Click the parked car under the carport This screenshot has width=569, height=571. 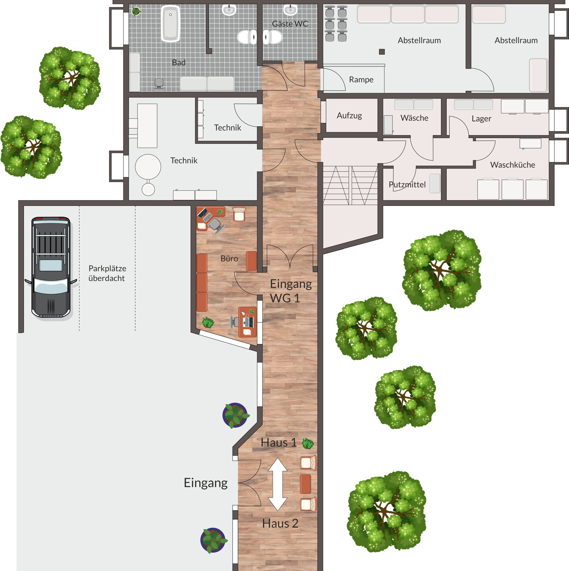tap(51, 267)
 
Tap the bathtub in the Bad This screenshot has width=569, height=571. tap(171, 24)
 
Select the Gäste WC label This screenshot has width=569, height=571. tap(290, 24)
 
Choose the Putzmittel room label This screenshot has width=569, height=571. tap(407, 185)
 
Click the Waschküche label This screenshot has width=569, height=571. tap(512, 165)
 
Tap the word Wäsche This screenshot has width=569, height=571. tap(414, 118)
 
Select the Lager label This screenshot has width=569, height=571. tap(481, 119)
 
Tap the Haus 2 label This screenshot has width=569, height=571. tap(280, 523)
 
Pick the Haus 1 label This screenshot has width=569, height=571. tap(279, 442)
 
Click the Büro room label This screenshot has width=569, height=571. tap(229, 259)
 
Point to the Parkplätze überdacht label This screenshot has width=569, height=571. tap(107, 273)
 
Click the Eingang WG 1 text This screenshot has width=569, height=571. tap(291, 291)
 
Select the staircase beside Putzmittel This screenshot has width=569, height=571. tap(350, 185)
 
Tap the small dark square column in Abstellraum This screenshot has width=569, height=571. tap(382, 52)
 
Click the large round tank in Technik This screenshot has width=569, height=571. tap(148, 167)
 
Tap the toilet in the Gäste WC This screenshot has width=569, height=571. tap(272, 37)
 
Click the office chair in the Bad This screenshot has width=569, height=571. tap(159, 84)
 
